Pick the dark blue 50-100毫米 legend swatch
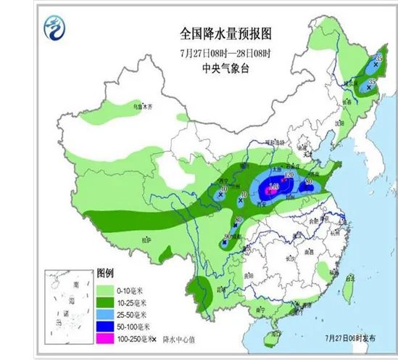(106, 327)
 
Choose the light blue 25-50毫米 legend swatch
(106, 314)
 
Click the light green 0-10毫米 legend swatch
(106, 288)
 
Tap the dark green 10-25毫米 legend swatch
(106, 301)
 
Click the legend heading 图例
(105, 274)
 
